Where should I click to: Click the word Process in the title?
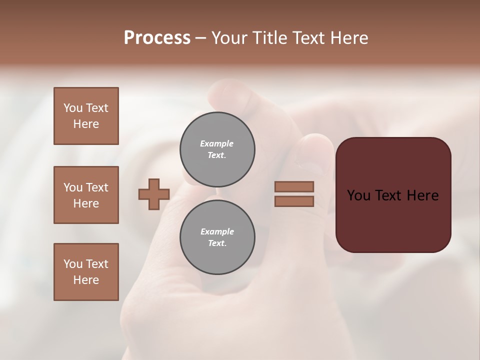point(157,38)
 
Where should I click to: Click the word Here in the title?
point(350,38)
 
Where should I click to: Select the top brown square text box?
point(86,116)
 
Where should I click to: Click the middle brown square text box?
point(86,195)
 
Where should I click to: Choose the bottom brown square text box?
point(86,272)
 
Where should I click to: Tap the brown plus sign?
point(154,194)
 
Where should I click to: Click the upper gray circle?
point(217,149)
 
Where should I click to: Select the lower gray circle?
point(217,237)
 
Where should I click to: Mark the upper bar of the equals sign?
point(294,186)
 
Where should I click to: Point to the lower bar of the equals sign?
point(294,201)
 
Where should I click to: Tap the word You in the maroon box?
point(359,195)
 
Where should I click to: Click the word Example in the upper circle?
point(217,143)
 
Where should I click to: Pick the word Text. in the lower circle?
point(217,243)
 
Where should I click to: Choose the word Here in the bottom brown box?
point(86,280)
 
